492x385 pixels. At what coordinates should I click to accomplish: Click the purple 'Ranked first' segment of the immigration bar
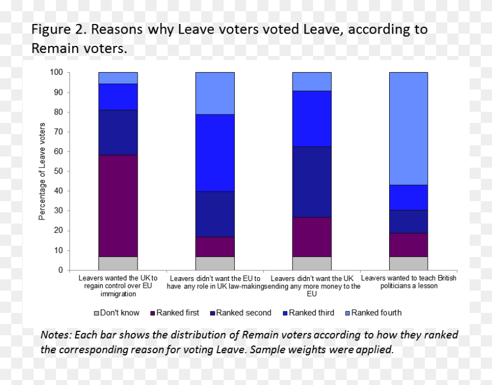coord(118,206)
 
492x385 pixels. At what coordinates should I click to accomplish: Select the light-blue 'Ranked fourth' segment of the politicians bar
coord(409,129)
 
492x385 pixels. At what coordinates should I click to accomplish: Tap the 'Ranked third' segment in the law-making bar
coord(215,153)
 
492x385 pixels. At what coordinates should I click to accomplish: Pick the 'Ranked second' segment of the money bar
coord(311,182)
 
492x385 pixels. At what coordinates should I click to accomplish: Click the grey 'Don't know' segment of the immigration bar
coord(118,263)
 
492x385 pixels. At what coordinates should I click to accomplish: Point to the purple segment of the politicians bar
coord(409,245)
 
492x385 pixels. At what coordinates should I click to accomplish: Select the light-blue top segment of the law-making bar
coord(215,93)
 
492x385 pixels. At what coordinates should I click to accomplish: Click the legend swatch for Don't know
coord(96,313)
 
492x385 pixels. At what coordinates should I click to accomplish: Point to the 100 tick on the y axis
coord(56,72)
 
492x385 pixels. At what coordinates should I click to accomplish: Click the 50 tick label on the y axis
coord(59,171)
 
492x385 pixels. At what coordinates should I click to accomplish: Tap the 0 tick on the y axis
coord(61,270)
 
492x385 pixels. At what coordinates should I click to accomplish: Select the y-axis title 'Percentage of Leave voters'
coord(42,171)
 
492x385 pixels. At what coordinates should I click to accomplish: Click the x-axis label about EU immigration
coord(118,286)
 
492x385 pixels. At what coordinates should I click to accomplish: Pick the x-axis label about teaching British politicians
coord(409,282)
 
